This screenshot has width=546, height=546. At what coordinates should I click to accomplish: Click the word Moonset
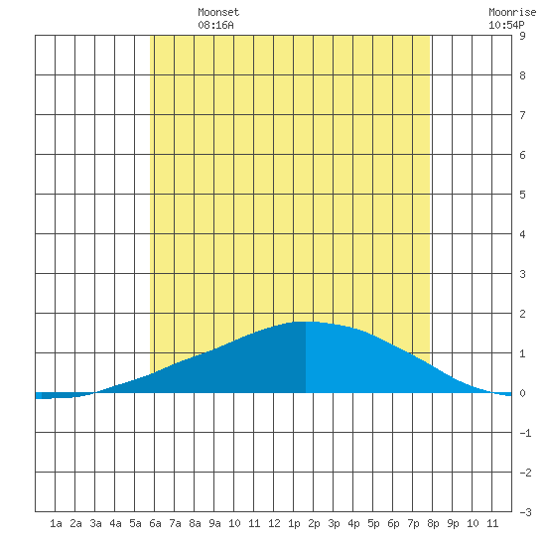pos(218,12)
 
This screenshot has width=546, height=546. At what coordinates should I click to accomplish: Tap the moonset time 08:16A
pos(215,25)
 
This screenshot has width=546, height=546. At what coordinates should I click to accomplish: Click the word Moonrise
pos(512,12)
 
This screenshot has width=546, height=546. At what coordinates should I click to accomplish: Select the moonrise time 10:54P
pos(506,25)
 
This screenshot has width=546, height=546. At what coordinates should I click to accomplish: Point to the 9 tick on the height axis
pos(522,36)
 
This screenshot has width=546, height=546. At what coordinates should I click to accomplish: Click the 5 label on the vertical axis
pos(522,195)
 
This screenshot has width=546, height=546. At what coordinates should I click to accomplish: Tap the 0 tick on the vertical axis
pos(522,393)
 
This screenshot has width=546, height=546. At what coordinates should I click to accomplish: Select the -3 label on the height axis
pos(525,512)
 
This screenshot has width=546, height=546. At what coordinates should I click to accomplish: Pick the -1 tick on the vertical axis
pos(525,433)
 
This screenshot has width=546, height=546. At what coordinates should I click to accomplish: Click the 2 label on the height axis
pos(522,314)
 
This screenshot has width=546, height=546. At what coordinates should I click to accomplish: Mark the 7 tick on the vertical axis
pos(522,115)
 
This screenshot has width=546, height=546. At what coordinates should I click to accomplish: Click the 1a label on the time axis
pos(56,523)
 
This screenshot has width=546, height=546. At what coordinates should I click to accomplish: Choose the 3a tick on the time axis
pos(95,523)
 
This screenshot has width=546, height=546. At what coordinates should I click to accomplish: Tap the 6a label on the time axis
pos(155,523)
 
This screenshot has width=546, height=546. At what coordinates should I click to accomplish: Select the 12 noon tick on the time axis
pos(274,523)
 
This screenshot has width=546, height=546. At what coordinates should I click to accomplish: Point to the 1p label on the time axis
pos(294,523)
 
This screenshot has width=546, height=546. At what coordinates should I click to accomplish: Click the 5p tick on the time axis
pos(373,523)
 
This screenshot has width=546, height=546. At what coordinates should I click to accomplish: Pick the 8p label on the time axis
pos(433,523)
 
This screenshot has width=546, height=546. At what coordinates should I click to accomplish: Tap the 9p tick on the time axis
pos(453,523)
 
